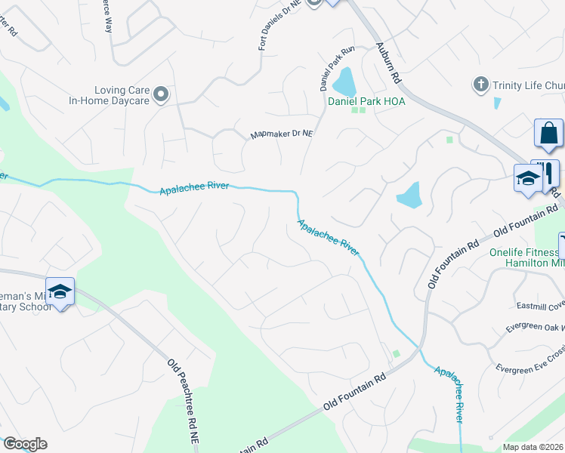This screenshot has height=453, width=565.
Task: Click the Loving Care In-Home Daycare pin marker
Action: point(160,94)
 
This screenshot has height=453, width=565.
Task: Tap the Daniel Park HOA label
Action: point(366,101)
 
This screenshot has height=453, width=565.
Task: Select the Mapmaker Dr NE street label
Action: point(282,134)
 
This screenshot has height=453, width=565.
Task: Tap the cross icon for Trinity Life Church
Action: point(481,85)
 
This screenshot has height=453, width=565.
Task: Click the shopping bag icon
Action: point(548,133)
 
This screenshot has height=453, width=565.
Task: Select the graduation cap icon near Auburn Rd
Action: point(528,179)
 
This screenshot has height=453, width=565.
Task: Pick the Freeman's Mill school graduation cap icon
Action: point(60,291)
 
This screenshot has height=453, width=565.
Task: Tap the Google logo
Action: point(24,444)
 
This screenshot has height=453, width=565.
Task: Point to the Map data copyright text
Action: point(533,446)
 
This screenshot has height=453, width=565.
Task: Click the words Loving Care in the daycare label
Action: point(119,89)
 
